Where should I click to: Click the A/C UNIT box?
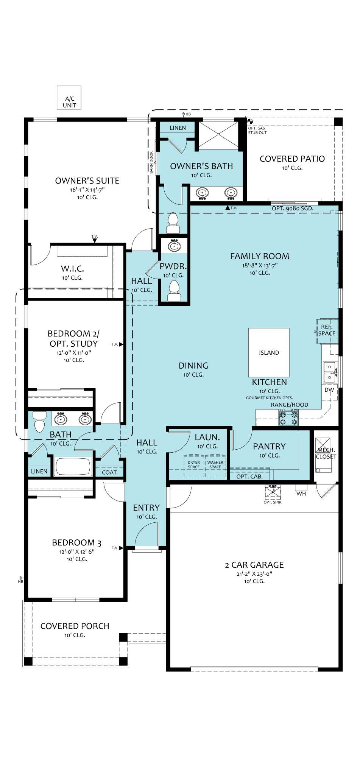(x=69, y=98)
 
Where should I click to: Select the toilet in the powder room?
(x=174, y=291)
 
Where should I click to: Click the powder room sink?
(x=174, y=246)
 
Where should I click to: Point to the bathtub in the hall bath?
(x=73, y=466)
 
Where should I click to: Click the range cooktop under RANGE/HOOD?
(x=288, y=417)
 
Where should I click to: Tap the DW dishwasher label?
(x=329, y=390)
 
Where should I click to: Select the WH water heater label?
(x=301, y=494)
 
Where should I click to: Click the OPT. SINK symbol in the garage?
(x=273, y=492)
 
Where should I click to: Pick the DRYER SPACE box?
(x=194, y=465)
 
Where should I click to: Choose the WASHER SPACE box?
(x=215, y=465)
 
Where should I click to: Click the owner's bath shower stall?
(x=219, y=135)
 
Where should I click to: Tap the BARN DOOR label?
(x=151, y=162)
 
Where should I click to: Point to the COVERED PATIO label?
(x=292, y=159)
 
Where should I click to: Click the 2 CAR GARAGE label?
(x=254, y=565)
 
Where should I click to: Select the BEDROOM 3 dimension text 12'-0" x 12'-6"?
(x=77, y=551)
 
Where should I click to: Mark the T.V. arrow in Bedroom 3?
(x=121, y=548)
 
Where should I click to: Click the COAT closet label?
(x=109, y=472)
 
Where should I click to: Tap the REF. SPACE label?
(x=327, y=330)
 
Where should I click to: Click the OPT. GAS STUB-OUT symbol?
(x=250, y=122)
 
